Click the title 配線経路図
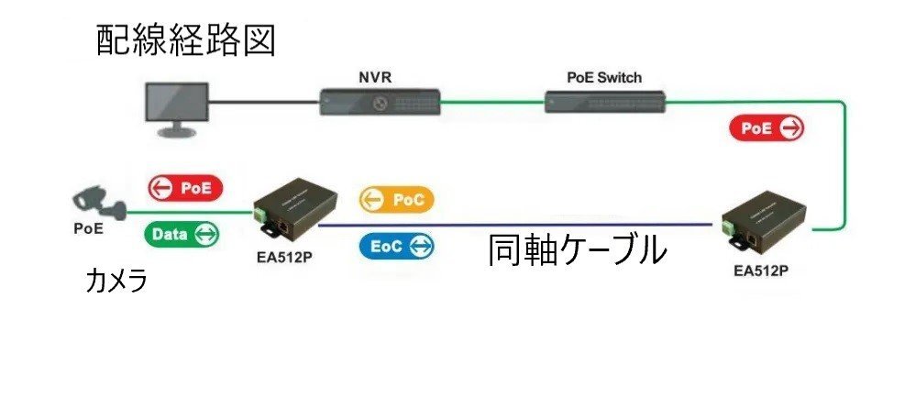point(186,40)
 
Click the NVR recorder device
point(381,102)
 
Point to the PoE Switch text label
point(605,77)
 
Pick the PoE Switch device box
point(605,101)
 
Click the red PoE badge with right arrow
point(767,128)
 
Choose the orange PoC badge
point(396,199)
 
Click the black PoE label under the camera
point(89,228)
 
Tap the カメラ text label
point(116,282)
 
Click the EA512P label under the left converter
point(285,256)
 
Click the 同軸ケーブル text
point(575,249)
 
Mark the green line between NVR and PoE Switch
point(492,104)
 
